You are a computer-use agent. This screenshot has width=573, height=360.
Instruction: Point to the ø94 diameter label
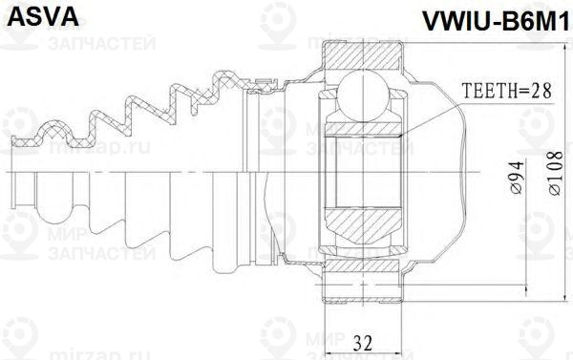[514, 179]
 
